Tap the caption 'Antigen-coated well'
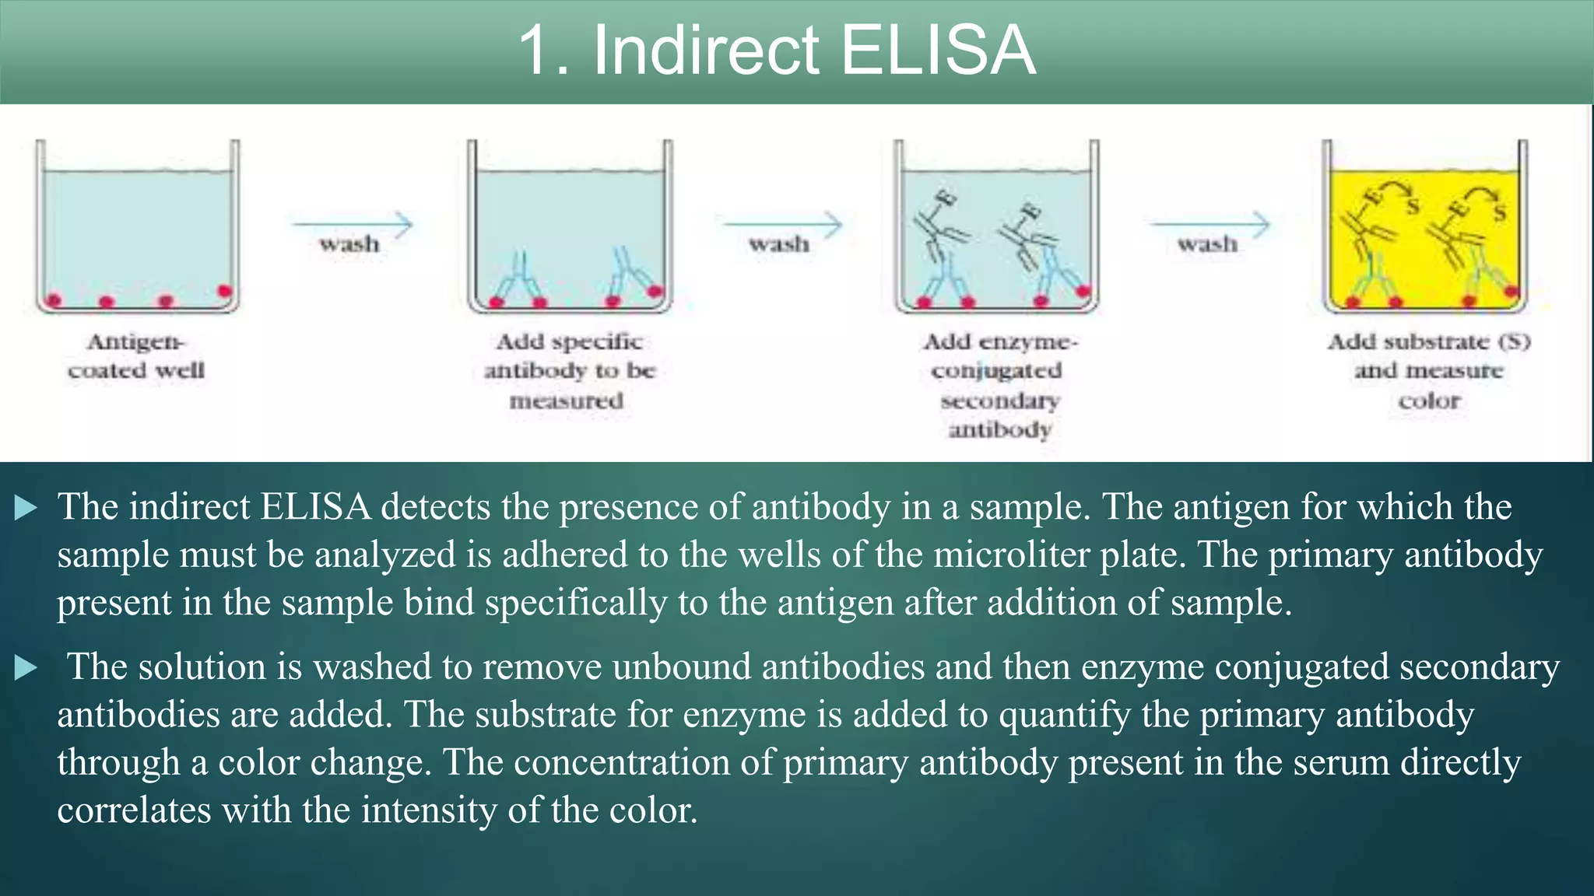(136, 355)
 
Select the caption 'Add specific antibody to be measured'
(569, 370)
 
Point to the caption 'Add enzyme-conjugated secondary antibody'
(999, 385)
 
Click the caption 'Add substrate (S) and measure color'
(1429, 370)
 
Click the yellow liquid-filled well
(1424, 233)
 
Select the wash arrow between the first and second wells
(352, 226)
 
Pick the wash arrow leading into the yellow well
(1210, 226)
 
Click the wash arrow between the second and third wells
(781, 226)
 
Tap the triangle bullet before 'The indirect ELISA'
(26, 509)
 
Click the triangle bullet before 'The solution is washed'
(26, 668)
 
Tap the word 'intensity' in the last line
(428, 810)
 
